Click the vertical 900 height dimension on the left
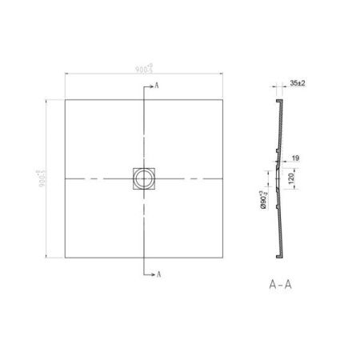coord(39,177)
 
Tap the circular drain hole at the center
coord(144,178)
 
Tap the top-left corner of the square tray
coord(65,99)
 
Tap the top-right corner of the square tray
coord(222,99)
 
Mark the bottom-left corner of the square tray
coord(65,257)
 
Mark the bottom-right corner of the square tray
coord(222,257)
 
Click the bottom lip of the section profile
coord(279,255)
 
